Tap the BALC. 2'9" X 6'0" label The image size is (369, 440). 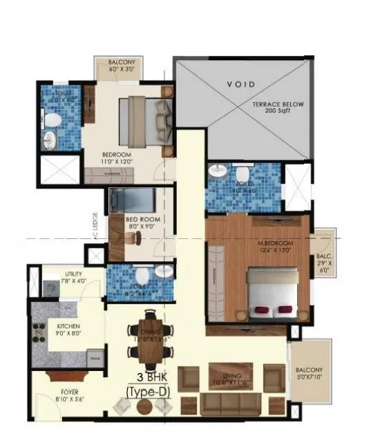click(x=323, y=262)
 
